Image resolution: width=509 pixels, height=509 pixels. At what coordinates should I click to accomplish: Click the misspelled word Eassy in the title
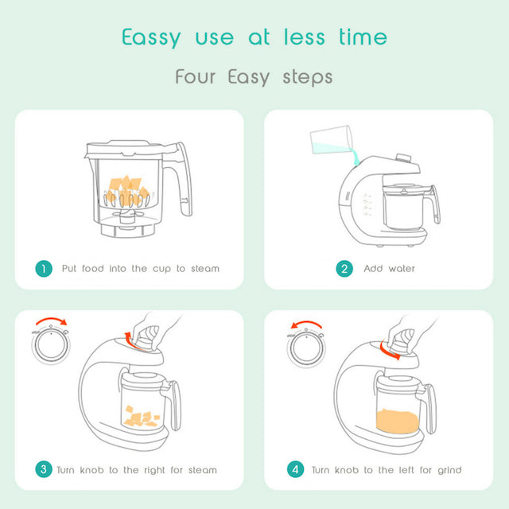(151, 37)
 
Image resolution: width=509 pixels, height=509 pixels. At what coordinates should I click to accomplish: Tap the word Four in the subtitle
(195, 76)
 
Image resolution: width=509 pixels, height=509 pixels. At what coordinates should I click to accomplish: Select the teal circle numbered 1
(44, 269)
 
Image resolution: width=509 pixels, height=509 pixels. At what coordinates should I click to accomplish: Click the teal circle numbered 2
(344, 269)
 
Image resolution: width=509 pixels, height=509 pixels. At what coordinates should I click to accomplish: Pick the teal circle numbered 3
(44, 469)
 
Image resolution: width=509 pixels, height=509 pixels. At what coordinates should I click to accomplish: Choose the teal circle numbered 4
(295, 469)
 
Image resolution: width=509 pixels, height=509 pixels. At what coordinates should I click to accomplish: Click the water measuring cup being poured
(331, 140)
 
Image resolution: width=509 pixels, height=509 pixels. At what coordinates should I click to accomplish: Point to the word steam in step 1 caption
(205, 269)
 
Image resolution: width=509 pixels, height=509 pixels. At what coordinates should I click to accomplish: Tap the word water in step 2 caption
(402, 269)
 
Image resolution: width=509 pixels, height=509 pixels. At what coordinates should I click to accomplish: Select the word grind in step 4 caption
(449, 470)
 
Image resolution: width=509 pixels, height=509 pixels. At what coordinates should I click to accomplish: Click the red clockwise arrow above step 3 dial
(51, 319)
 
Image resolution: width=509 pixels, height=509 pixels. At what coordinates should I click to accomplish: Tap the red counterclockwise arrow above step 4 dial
(306, 323)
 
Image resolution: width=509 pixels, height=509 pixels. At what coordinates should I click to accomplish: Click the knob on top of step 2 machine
(404, 158)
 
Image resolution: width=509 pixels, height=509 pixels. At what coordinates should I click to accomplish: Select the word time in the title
(363, 37)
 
